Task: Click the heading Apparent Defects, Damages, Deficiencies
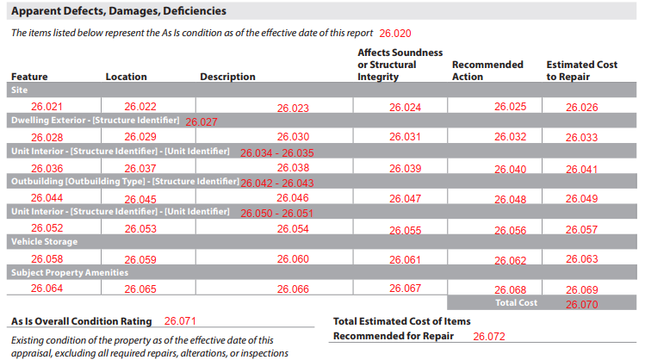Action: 119,11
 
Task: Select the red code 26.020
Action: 395,34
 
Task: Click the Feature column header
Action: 29,77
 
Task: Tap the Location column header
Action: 126,77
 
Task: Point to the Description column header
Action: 227,77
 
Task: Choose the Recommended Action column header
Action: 487,71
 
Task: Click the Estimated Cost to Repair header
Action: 581,71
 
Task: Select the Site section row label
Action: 19,90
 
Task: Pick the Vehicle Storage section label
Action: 44,241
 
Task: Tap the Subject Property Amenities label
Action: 70,272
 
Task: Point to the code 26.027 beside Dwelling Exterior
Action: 202,121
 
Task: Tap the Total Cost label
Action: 516,303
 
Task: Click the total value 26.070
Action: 581,305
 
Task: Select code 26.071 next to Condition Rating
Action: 180,321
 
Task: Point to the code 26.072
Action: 488,337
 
